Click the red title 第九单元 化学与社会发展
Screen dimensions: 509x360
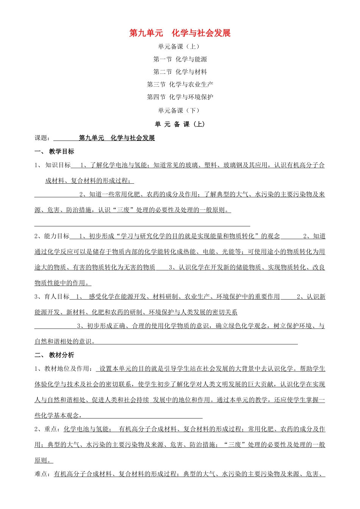click(180, 33)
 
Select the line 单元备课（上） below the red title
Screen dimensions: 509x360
click(178, 47)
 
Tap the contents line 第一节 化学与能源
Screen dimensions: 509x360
click(180, 59)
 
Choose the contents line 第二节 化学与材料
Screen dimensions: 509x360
click(180, 72)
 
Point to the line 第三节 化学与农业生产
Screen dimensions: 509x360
click(180, 84)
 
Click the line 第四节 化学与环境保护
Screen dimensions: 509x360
click(180, 97)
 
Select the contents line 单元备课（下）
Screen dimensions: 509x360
click(178, 111)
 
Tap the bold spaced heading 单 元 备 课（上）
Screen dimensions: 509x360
click(180, 124)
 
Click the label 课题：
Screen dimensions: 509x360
click(42, 138)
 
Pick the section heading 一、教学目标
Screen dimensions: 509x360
click(55, 151)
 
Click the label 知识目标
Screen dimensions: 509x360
click(58, 165)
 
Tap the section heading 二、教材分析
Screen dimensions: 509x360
click(55, 355)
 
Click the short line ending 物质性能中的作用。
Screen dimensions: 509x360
click(63, 283)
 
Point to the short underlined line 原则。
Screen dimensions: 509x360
click(44, 461)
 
